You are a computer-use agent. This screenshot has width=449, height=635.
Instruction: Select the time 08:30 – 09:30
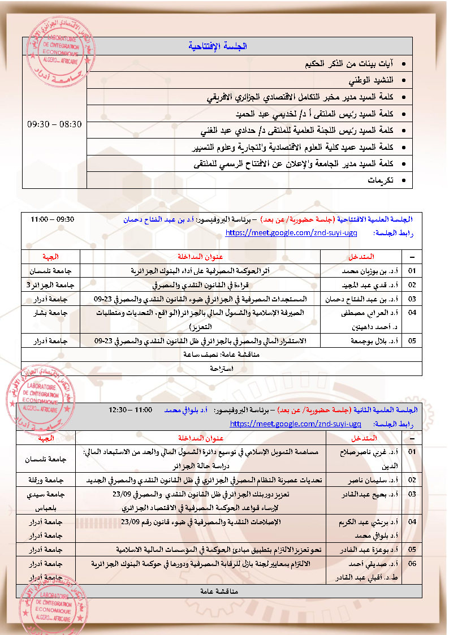coord(54,123)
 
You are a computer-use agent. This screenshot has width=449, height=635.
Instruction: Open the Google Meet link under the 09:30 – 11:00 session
coord(291,232)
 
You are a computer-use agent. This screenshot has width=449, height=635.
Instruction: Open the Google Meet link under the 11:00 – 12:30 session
coord(296,423)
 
